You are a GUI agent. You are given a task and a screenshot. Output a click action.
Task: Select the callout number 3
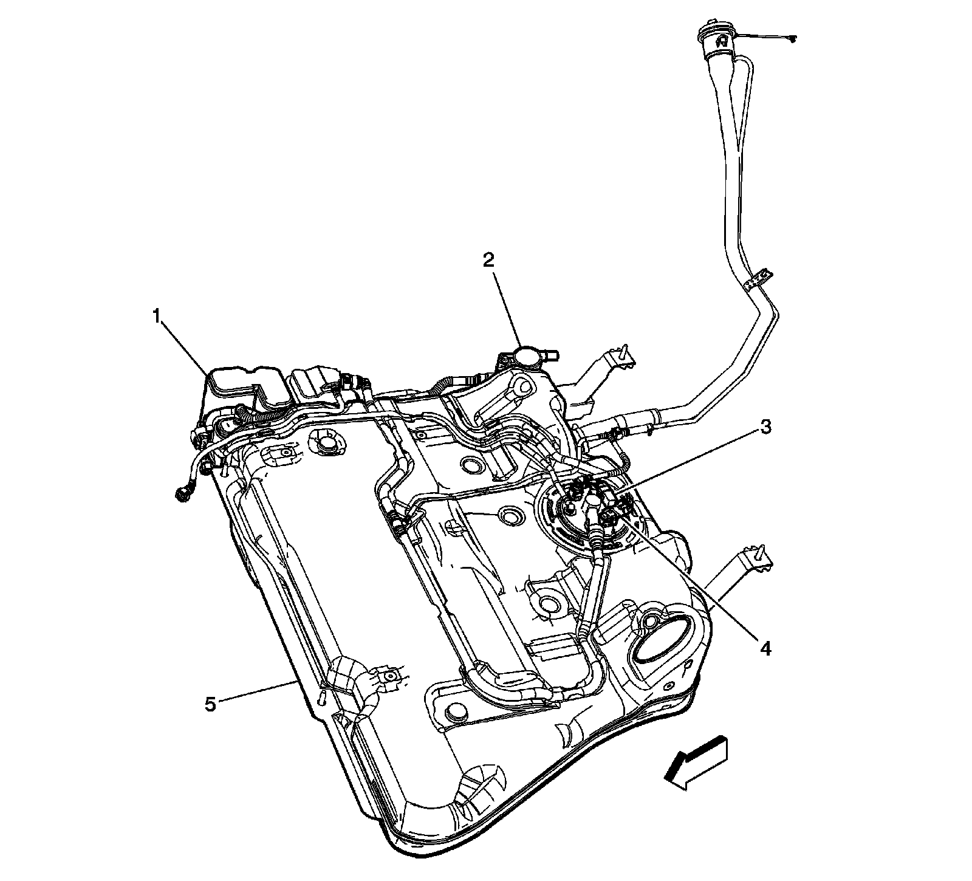point(766,427)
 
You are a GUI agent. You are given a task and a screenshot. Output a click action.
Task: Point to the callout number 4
point(765,649)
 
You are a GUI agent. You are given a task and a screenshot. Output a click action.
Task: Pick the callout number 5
point(210,705)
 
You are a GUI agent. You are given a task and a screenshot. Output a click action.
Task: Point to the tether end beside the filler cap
point(790,39)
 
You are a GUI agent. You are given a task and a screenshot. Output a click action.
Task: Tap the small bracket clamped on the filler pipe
point(756,280)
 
